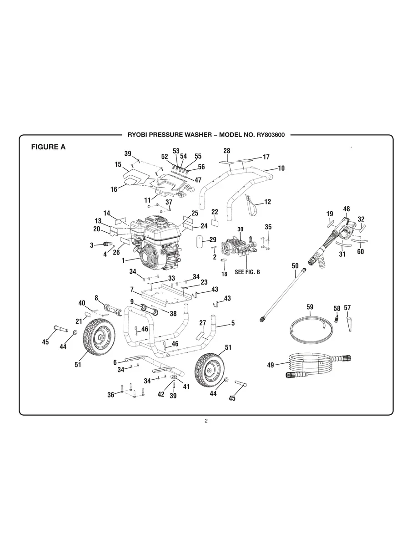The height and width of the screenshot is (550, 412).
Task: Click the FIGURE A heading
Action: pyautogui.click(x=48, y=147)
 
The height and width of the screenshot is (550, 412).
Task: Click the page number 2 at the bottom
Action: pyautogui.click(x=206, y=421)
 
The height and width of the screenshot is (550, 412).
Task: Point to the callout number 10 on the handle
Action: pyautogui.click(x=281, y=168)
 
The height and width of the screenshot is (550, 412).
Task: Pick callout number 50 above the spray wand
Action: pyautogui.click(x=295, y=265)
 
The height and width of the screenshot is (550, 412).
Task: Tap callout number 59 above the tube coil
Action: pyautogui.click(x=310, y=307)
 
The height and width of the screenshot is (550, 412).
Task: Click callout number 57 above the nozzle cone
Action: pyautogui.click(x=347, y=308)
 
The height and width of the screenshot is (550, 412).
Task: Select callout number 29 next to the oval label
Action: pyautogui.click(x=212, y=239)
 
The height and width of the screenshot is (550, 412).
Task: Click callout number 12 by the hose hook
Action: pyautogui.click(x=267, y=202)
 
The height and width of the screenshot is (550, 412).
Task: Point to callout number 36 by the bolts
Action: pyautogui.click(x=111, y=395)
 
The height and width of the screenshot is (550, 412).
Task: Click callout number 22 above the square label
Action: pyautogui.click(x=215, y=212)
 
